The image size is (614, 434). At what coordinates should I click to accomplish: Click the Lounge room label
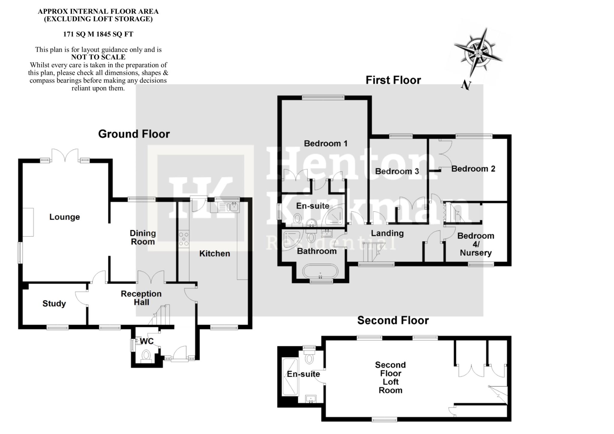click(64, 217)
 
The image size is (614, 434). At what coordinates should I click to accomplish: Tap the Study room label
click(54, 304)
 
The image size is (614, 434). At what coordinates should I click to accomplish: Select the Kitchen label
click(215, 254)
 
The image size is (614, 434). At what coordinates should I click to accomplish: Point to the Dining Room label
click(143, 237)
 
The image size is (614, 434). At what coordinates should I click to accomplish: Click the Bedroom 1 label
click(326, 144)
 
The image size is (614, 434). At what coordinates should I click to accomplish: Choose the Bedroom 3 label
click(397, 171)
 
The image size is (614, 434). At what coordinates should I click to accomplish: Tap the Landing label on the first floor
click(387, 233)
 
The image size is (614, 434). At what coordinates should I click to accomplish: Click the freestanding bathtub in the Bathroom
click(320, 271)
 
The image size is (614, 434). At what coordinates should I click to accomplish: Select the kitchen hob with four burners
click(184, 239)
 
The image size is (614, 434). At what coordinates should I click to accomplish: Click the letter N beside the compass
click(466, 85)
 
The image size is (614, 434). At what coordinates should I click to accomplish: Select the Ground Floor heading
click(134, 134)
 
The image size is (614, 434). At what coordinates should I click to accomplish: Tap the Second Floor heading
click(393, 320)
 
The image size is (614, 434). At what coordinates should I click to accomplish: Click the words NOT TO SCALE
click(98, 57)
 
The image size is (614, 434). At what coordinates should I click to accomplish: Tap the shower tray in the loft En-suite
click(290, 376)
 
